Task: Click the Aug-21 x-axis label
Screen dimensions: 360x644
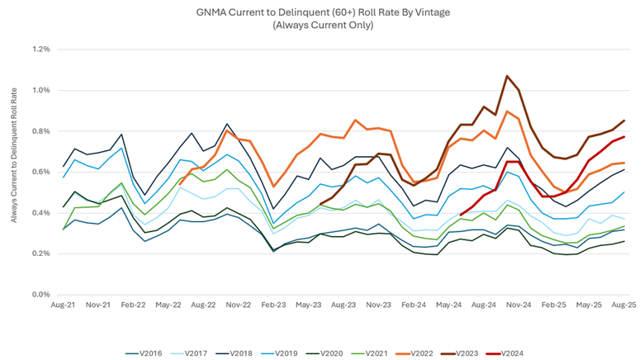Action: pyautogui.click(x=63, y=305)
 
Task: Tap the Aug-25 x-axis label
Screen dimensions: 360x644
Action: pyautogui.click(x=623, y=305)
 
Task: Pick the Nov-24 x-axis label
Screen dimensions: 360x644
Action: pyautogui.click(x=519, y=305)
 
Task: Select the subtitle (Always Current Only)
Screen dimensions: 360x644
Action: pyautogui.click(x=323, y=25)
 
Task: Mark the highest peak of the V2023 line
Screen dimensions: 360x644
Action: pyautogui.click(x=507, y=76)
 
